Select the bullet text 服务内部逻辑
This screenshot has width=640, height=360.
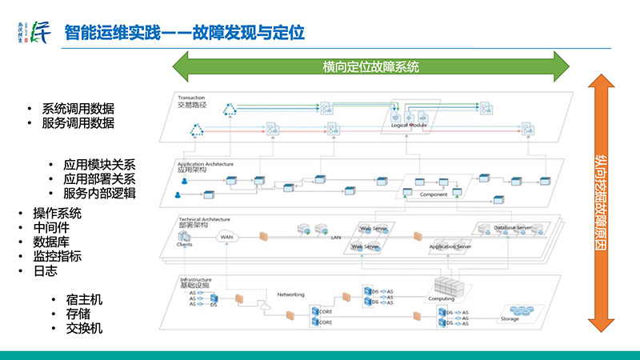tap(99, 193)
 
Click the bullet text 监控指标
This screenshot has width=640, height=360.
tap(57, 257)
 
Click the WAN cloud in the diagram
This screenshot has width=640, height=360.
tap(227, 237)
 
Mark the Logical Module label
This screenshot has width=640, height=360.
tap(409, 126)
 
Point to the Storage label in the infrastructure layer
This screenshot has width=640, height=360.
tap(510, 318)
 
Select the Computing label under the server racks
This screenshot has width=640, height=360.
tap(442, 298)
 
